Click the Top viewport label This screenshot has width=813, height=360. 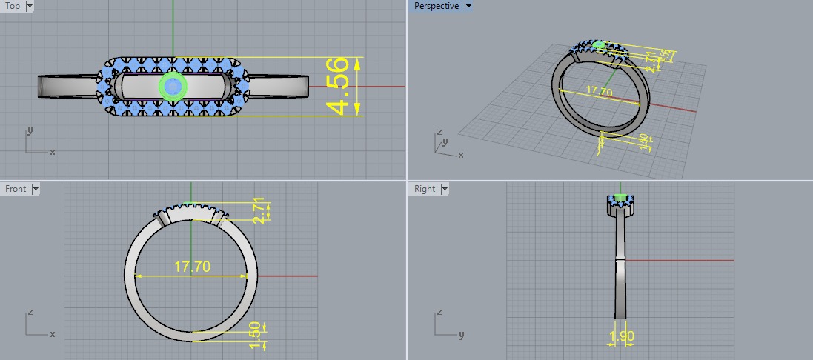click(x=13, y=6)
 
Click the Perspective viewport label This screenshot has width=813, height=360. click(x=436, y=6)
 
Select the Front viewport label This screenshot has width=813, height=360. click(x=16, y=189)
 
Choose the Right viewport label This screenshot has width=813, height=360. click(x=425, y=189)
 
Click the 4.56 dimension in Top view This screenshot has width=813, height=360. click(x=339, y=86)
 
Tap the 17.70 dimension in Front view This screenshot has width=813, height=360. click(x=191, y=267)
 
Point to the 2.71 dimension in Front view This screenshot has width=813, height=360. click(x=260, y=210)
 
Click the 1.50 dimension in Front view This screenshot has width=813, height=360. click(x=257, y=335)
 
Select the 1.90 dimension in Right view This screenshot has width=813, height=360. click(x=620, y=338)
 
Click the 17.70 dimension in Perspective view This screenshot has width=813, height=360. click(x=599, y=92)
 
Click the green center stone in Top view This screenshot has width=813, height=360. click(x=173, y=87)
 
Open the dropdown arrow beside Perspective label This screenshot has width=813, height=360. click(x=468, y=6)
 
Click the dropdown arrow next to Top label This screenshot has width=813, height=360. click(x=30, y=6)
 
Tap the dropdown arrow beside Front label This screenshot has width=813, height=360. click(x=36, y=189)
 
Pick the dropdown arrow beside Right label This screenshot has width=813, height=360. click(x=445, y=189)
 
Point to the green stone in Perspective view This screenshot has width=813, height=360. click(x=599, y=46)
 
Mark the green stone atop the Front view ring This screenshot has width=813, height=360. click(x=191, y=204)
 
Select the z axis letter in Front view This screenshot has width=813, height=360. click(x=30, y=312)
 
